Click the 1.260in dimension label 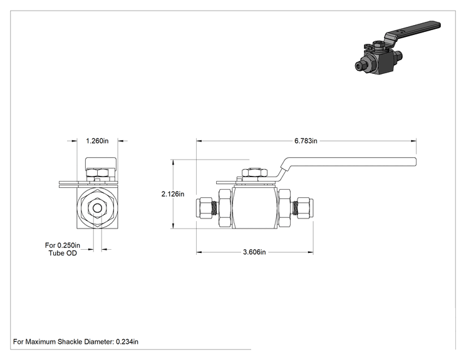coord(97,141)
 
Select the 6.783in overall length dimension coord(306,141)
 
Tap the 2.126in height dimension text coord(173,194)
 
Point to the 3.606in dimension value coord(254,252)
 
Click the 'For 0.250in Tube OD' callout coord(63,249)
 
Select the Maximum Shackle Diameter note coord(76,342)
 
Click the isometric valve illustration coord(397,48)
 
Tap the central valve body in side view coord(254,208)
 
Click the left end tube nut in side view coord(204,208)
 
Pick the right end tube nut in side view coord(305,208)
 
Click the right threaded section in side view coord(294,208)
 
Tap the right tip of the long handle coord(416,162)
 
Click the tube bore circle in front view coord(97,208)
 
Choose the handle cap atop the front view coord(101,163)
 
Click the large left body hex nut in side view coord(225,208)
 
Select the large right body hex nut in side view coord(284,208)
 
